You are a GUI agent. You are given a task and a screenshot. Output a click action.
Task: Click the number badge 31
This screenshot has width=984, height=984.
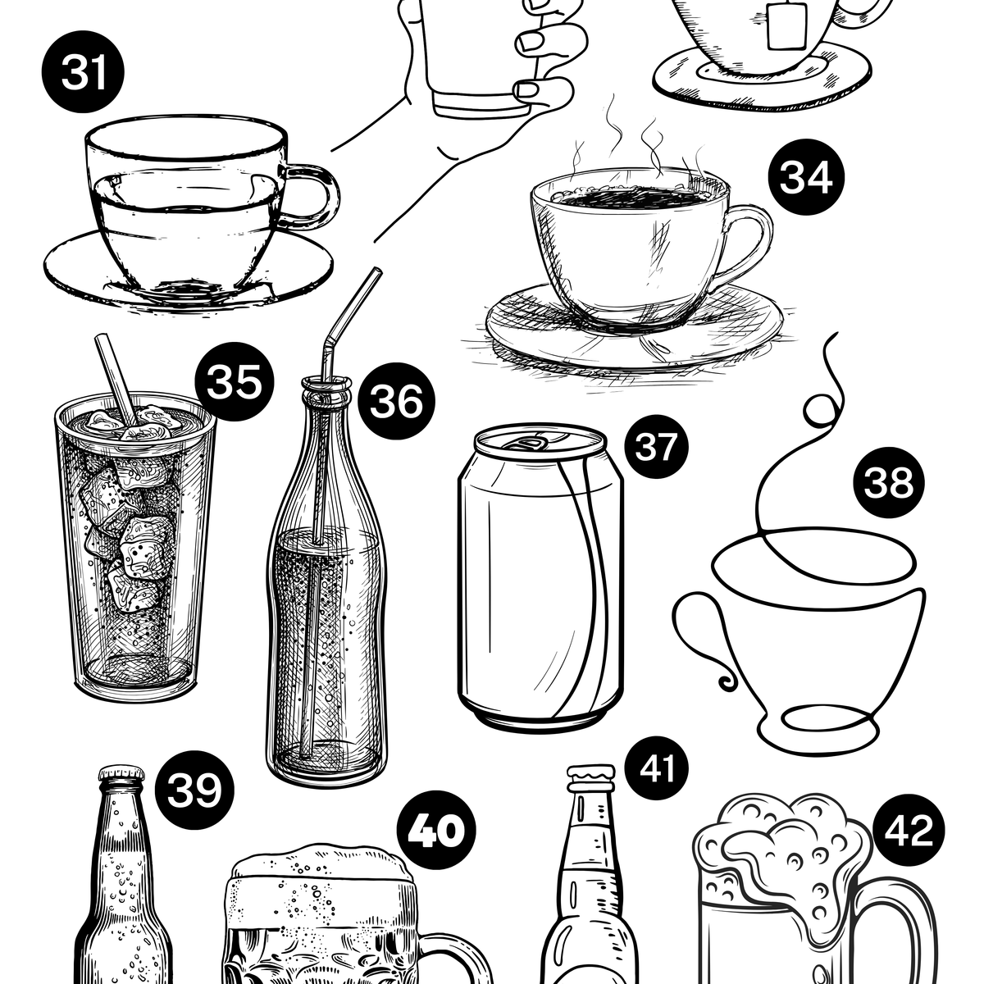(x=83, y=72)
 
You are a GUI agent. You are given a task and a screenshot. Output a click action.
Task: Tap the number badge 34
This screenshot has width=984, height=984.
(x=806, y=177)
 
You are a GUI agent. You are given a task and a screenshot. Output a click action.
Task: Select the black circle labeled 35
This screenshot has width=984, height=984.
(x=235, y=381)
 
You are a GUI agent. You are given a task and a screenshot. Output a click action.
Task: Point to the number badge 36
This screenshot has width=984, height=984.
(x=396, y=401)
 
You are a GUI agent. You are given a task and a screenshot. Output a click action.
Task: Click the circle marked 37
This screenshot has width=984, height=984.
(x=656, y=446)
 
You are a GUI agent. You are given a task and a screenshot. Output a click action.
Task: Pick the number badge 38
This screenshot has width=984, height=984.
(x=889, y=482)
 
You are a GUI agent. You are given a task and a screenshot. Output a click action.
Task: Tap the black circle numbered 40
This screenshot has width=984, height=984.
(x=436, y=830)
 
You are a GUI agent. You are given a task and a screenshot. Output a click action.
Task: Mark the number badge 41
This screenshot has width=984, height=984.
(x=656, y=768)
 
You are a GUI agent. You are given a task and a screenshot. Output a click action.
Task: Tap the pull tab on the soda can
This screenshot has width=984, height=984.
(x=534, y=442)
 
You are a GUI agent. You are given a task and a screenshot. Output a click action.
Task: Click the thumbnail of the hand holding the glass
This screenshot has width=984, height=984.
(x=527, y=90)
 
